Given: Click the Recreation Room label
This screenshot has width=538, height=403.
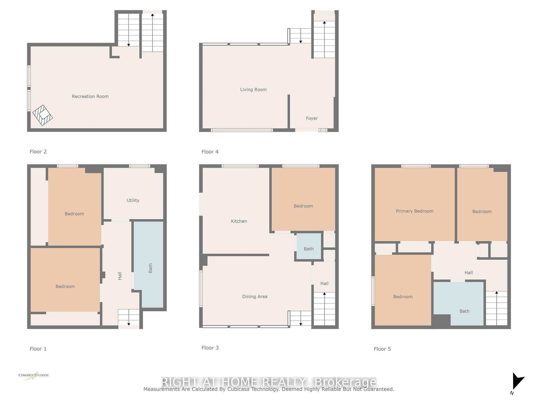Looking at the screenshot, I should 90,96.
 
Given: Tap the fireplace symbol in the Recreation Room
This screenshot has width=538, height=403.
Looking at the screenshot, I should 42,115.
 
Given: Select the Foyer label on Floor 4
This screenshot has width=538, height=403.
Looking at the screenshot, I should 311,118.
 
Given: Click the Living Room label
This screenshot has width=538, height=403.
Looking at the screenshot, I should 253,90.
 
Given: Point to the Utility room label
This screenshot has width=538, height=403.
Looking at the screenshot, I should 133,200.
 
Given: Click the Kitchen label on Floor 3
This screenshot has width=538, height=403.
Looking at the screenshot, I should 239,221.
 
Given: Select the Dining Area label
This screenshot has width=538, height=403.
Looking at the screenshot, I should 255,296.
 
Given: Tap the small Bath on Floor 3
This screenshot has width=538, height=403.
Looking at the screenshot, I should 308,249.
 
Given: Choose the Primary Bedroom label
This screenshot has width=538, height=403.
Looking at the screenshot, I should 414,211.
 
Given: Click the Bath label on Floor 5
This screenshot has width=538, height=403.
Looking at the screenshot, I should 464,311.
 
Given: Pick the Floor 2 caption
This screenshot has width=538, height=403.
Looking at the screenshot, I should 38,152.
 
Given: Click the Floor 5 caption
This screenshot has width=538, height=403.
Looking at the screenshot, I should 382,349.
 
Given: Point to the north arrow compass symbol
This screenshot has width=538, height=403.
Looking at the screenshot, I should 518,382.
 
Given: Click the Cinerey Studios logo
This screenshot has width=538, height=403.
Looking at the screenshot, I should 33,376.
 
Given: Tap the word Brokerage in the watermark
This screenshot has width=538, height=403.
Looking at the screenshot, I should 345,382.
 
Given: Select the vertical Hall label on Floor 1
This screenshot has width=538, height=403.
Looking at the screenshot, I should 120,276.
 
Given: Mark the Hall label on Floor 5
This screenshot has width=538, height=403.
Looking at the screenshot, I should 468,273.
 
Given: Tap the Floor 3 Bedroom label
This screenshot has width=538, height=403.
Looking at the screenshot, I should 303,206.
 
